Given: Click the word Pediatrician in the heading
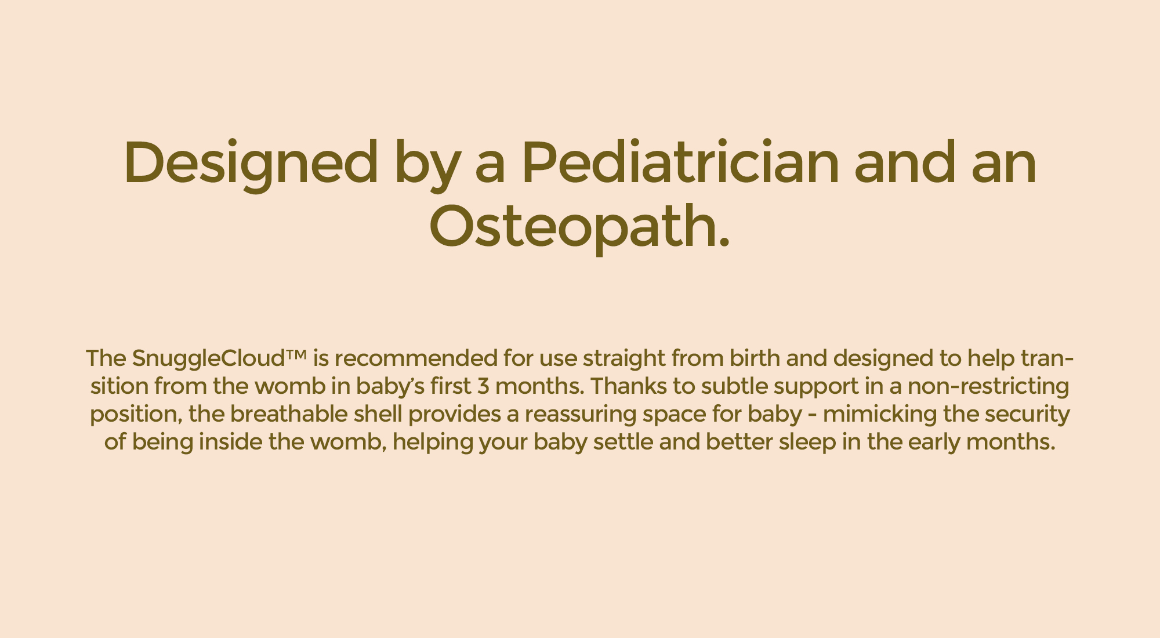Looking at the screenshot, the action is click(680, 163).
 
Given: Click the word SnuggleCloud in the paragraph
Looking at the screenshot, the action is click(208, 359).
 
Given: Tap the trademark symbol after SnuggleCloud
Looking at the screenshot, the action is click(295, 353).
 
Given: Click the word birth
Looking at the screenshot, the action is click(755, 358).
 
